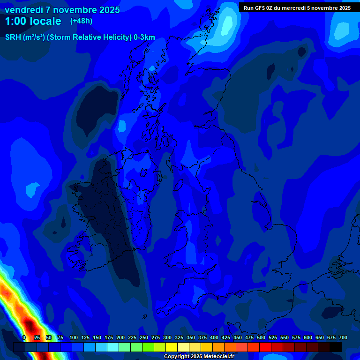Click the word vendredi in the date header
[23, 10]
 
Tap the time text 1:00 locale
[33, 21]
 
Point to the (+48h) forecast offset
[82, 21]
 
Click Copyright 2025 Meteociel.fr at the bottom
[199, 356]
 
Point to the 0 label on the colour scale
[24, 337]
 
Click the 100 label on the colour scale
[74, 337]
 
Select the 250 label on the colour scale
[144, 337]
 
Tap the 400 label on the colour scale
[214, 337]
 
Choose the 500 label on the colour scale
[261, 337]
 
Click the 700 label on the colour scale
[343, 337]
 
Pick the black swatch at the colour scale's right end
[336, 347]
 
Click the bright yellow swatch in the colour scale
[172, 347]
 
